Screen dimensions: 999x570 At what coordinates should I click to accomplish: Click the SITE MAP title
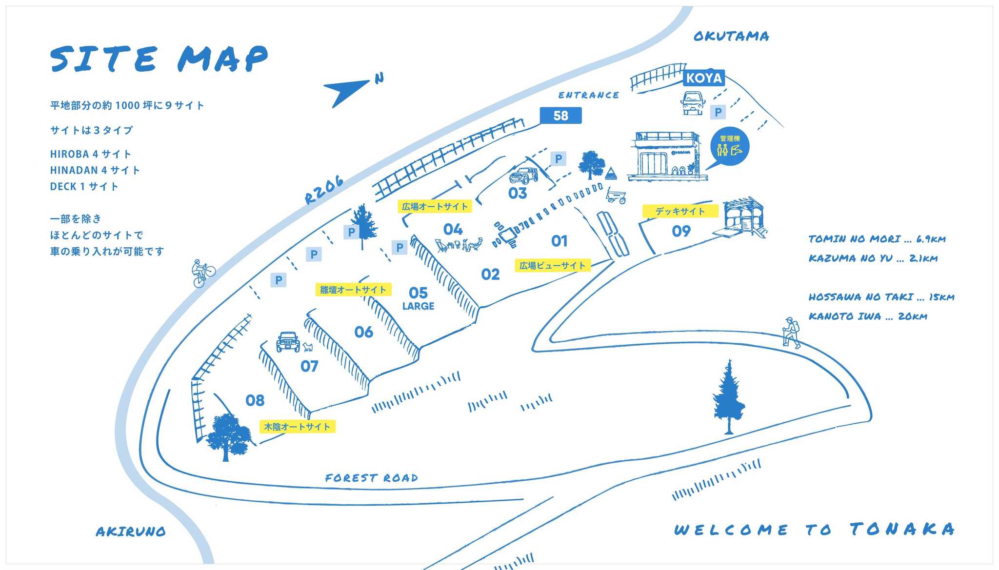(x=159, y=59)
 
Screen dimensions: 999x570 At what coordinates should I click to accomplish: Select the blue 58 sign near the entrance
(x=560, y=116)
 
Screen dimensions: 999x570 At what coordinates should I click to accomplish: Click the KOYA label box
(x=704, y=78)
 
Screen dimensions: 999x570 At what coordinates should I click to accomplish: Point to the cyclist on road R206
(x=203, y=273)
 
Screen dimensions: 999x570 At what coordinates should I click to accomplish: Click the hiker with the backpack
(x=791, y=332)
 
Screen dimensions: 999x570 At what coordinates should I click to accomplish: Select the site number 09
(x=681, y=231)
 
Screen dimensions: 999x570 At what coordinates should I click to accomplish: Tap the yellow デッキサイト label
(x=680, y=211)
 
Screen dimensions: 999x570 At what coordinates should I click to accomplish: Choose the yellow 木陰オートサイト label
(x=297, y=427)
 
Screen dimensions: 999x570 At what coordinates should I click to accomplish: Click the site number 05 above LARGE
(x=418, y=293)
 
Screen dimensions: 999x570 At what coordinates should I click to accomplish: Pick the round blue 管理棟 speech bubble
(x=729, y=146)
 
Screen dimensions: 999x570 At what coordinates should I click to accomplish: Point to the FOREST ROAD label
(x=372, y=478)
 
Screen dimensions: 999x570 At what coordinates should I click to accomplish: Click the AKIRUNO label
(x=131, y=531)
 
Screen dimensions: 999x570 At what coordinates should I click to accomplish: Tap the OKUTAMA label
(x=731, y=36)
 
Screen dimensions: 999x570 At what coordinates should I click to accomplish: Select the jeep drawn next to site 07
(x=288, y=342)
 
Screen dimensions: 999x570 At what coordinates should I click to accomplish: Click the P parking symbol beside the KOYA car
(x=718, y=112)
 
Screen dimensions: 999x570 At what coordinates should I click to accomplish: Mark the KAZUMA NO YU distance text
(x=873, y=258)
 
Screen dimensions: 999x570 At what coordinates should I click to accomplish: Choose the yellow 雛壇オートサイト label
(x=353, y=290)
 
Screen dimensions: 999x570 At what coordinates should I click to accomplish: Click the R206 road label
(x=324, y=190)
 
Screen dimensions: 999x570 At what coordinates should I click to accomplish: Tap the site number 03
(x=518, y=194)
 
